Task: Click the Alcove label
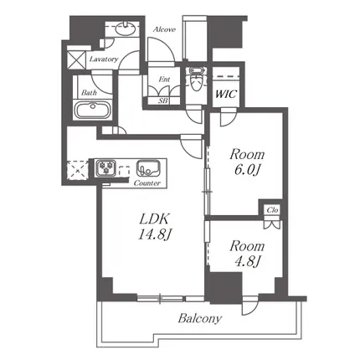[x=164, y=29]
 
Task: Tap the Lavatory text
[x=104, y=59]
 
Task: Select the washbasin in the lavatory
[x=126, y=28]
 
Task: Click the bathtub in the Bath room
[x=92, y=110]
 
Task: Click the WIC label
[x=226, y=94]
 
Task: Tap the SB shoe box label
[x=163, y=100]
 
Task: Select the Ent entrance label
[x=164, y=80]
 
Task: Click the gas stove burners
[x=105, y=168]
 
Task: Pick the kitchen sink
[x=148, y=168]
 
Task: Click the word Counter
[x=147, y=183]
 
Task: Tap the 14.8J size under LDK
[x=154, y=235]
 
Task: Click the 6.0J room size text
[x=247, y=170]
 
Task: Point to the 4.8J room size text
[x=248, y=261]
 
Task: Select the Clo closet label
[x=272, y=210]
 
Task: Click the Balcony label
[x=200, y=318]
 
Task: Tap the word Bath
[x=89, y=93]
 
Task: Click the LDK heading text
[x=154, y=219]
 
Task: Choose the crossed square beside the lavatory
[x=76, y=59]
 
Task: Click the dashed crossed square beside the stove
[x=77, y=169]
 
